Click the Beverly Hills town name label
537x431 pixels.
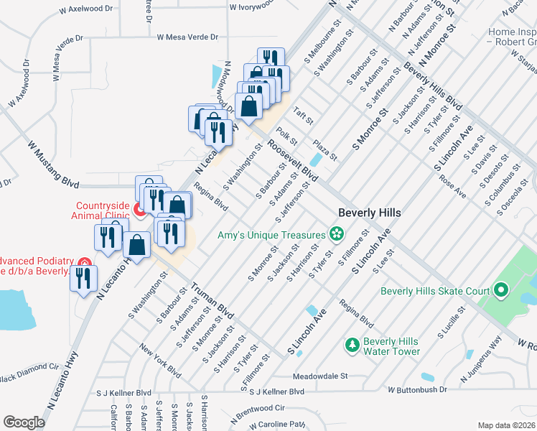(x=369, y=213)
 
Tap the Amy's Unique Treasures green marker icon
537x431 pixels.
(x=335, y=233)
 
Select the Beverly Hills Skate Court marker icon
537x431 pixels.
(x=501, y=291)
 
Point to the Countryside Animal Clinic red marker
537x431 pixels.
(x=140, y=209)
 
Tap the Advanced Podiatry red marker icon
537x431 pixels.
(x=84, y=265)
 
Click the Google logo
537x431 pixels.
(x=24, y=422)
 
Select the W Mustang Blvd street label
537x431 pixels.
(x=54, y=164)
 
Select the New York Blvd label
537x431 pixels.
(x=160, y=361)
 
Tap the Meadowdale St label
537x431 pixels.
(x=319, y=376)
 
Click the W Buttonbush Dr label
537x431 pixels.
(x=417, y=389)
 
